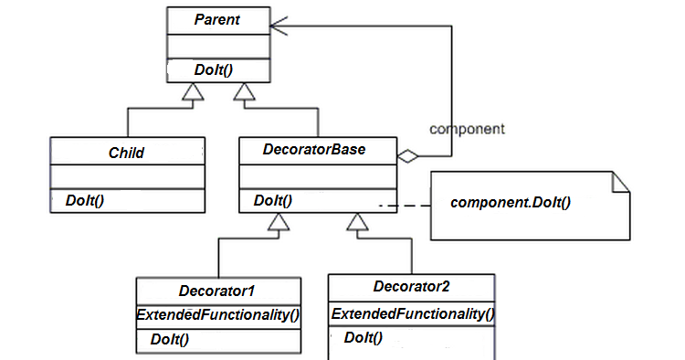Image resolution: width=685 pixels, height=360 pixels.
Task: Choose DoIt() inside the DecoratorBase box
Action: pos(273,200)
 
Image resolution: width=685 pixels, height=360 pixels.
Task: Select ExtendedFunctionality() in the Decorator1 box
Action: pos(219,314)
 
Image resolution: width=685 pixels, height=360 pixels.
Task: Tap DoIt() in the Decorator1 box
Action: pos(170,339)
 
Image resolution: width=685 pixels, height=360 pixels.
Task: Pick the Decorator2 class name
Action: pos(412,286)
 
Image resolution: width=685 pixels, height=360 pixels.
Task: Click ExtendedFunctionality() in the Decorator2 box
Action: pos(412,314)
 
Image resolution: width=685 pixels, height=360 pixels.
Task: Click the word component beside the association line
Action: pos(467,129)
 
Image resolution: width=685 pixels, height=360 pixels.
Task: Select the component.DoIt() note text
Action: pos(511,200)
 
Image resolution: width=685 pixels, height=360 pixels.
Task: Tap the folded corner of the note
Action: pos(620,181)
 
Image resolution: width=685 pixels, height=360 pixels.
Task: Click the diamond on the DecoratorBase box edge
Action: pos(408,158)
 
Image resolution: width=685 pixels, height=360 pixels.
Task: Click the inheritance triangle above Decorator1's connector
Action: pos(279,223)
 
